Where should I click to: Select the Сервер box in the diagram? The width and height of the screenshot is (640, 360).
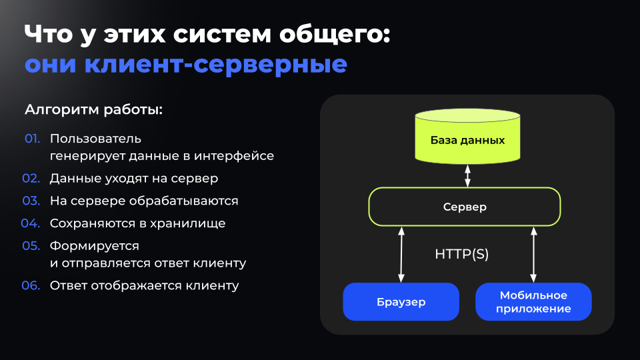coord(465,207)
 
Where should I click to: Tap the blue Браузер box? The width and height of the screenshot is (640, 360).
coord(401,302)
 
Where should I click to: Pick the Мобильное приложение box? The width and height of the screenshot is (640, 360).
coord(533,302)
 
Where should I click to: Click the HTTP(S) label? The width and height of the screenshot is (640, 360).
coord(462,254)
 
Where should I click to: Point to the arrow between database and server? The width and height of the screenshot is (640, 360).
coord(467,175)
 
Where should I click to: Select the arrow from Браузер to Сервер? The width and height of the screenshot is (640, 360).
coord(401,254)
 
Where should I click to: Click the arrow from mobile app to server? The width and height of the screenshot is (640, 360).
coord(533,254)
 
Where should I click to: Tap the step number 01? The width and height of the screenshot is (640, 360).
coord(33,139)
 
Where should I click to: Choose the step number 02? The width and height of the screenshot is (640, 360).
coord(32,179)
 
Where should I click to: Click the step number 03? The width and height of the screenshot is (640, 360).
coord(32,201)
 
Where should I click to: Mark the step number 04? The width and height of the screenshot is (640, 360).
coord(32,223)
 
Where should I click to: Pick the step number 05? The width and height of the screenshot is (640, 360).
coord(32,246)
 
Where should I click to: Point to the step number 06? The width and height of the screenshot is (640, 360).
coord(32,286)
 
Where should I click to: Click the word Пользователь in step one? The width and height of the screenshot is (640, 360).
coord(95,139)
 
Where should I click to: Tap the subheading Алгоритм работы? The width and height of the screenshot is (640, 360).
coord(93,109)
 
